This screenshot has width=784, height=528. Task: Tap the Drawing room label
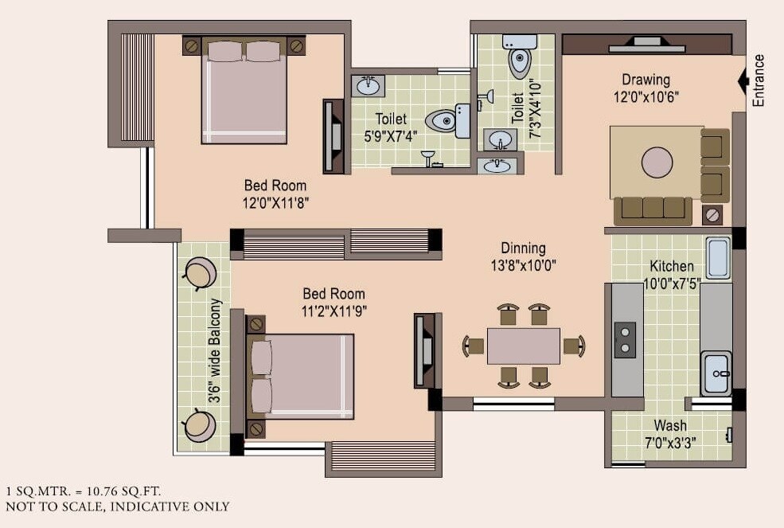click(646, 80)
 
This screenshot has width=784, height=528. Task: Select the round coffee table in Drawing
click(657, 162)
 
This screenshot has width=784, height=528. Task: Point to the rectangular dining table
click(523, 346)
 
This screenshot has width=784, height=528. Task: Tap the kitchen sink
click(716, 373)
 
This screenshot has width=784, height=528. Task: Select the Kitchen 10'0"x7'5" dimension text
click(671, 284)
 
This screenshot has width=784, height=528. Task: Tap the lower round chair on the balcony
click(199, 425)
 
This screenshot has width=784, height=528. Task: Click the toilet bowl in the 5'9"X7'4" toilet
click(442, 121)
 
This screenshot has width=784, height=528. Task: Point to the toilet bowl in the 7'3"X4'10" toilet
click(520, 61)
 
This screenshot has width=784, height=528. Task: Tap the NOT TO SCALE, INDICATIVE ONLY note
click(117, 506)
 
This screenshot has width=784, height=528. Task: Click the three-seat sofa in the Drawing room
click(653, 209)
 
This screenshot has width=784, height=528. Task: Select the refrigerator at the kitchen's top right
click(718, 257)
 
